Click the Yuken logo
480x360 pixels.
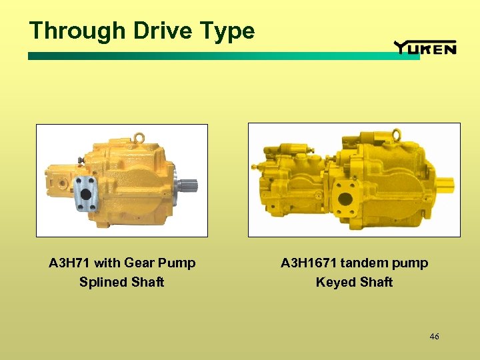tap(425, 47)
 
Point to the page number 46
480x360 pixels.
tap(434, 337)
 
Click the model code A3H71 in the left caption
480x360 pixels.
tap(71, 263)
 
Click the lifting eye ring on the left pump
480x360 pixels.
tap(139, 137)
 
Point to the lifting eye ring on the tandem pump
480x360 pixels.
tap(397, 134)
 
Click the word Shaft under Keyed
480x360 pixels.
tap(377, 282)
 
